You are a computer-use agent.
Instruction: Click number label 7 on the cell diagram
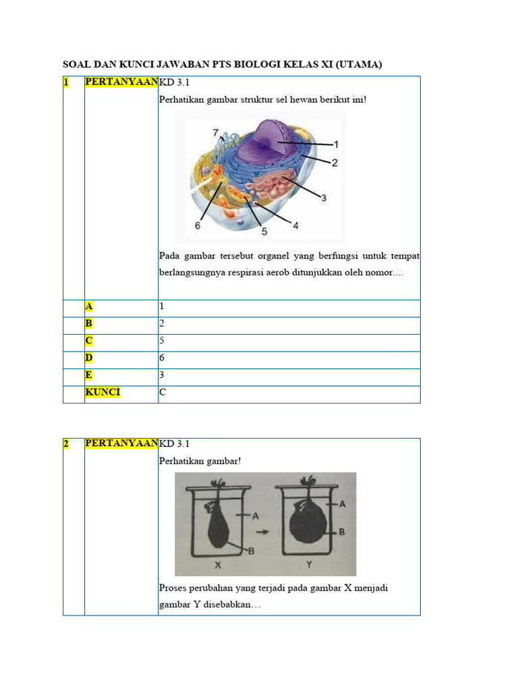[215, 132]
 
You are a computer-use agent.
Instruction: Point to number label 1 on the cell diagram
[335, 144]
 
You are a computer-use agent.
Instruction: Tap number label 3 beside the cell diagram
[324, 198]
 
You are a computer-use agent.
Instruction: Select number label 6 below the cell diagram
[198, 226]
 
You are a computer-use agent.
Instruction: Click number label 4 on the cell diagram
[295, 225]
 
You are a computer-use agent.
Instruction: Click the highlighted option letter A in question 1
[88, 306]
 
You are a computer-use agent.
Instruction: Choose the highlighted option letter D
[88, 358]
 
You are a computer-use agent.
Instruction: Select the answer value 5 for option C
[162, 341]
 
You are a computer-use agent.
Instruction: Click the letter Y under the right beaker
[309, 563]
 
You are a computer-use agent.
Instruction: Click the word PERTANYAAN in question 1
[121, 82]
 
